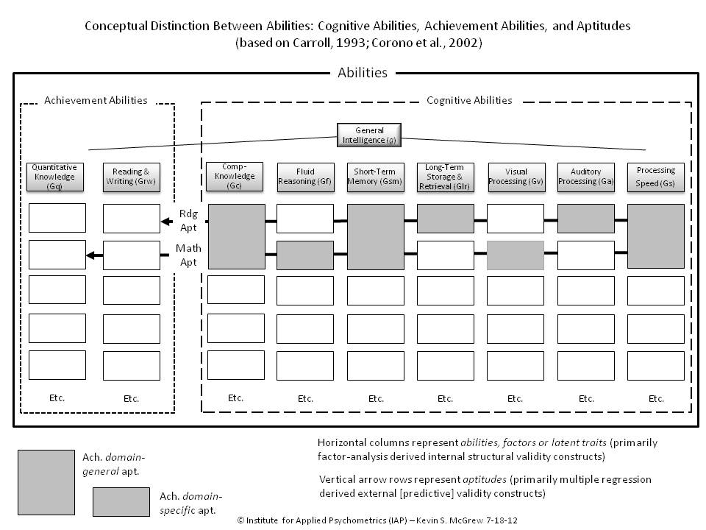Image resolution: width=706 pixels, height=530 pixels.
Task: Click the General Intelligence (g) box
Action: tap(369, 135)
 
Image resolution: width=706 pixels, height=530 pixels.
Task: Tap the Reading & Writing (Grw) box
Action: tap(131, 177)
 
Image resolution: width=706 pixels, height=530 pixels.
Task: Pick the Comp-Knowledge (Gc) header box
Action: tap(235, 177)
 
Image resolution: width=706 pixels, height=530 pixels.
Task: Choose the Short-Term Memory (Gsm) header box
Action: tap(376, 177)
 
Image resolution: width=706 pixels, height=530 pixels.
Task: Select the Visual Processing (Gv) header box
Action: tap(516, 177)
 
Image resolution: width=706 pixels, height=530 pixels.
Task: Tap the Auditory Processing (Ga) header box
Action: tap(586, 177)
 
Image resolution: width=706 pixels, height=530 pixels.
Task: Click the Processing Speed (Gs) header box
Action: tap(656, 177)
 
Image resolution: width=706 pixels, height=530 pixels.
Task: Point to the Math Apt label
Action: tap(188, 255)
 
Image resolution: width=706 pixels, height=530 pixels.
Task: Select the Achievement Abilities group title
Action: tap(96, 100)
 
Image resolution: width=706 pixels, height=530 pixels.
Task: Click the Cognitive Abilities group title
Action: tap(469, 100)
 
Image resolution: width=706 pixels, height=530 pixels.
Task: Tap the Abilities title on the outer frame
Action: tap(362, 73)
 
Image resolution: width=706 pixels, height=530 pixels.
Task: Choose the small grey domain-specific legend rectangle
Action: tap(122, 501)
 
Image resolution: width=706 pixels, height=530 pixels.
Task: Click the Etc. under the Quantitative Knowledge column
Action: tap(57, 397)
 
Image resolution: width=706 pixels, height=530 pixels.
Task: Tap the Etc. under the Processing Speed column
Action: tap(656, 398)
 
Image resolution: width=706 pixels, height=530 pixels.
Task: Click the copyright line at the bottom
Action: tap(377, 520)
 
